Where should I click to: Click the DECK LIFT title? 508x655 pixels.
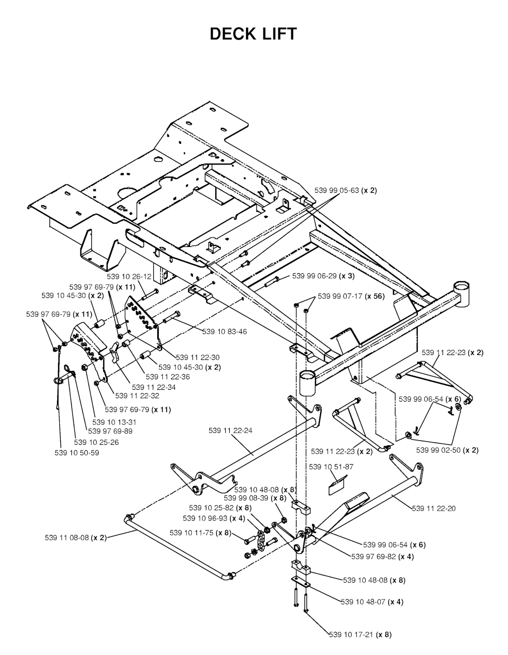(254, 34)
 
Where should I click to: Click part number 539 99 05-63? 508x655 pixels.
(346, 190)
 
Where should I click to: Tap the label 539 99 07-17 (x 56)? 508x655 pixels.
(351, 296)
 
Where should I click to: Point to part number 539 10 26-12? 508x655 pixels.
(129, 277)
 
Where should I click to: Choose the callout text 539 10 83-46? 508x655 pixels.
(224, 331)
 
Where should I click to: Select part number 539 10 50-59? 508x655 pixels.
(76, 453)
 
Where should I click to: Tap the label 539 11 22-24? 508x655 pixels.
(230, 430)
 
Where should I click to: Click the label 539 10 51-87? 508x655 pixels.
(331, 467)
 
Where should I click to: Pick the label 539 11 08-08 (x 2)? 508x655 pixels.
(72, 538)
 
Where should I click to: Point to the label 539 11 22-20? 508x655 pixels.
(434, 508)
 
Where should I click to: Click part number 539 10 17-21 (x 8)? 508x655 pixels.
(360, 634)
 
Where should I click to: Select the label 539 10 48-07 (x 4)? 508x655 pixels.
(372, 602)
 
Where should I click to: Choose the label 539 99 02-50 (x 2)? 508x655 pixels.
(447, 450)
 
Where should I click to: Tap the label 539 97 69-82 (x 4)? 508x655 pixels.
(382, 556)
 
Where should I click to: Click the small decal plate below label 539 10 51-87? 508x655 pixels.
(337, 485)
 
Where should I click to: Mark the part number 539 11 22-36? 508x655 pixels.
(168, 377)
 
